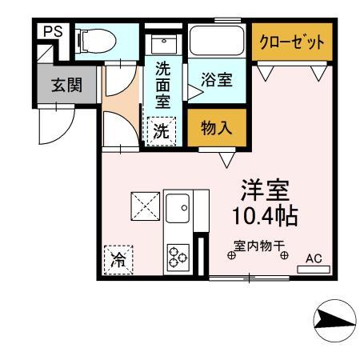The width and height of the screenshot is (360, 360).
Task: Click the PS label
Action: point(52,32)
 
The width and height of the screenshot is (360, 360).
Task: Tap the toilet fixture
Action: point(93,38)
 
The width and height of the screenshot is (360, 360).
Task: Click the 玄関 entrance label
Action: point(66,86)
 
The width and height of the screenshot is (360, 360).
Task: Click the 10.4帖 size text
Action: point(266,216)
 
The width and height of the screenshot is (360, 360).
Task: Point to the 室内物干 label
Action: point(260,248)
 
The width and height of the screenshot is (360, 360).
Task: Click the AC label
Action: point(314,258)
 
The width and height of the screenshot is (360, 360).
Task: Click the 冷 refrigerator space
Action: point(118,259)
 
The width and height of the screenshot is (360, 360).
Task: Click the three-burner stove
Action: point(177,256)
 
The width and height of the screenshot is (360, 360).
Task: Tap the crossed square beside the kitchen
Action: point(145,206)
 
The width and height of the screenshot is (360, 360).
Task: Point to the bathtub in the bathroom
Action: point(217,41)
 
